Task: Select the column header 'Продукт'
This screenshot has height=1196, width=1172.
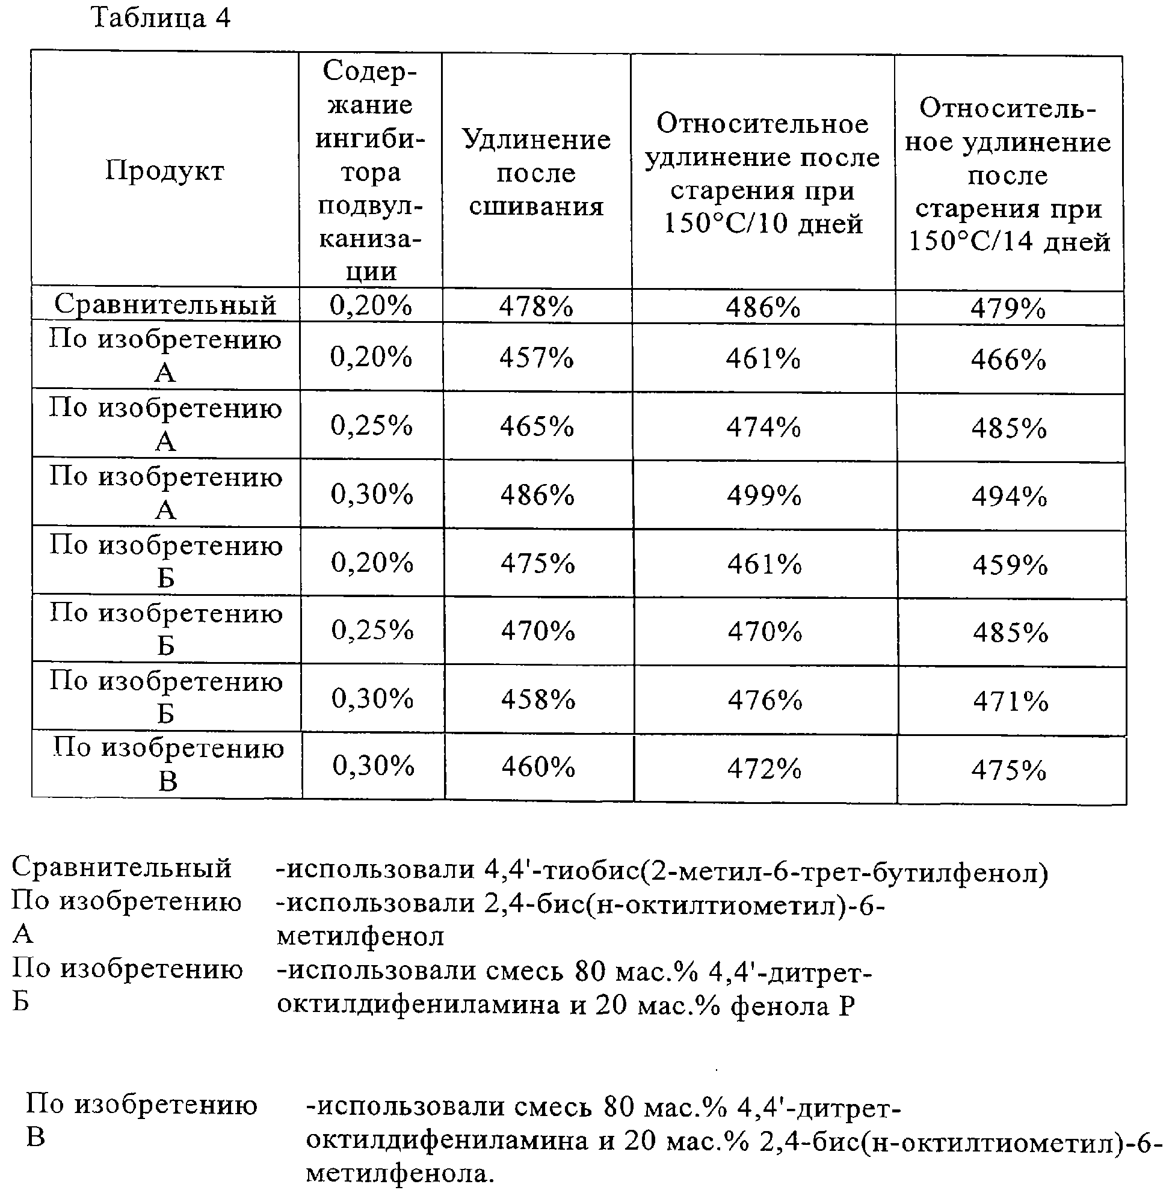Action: (164, 170)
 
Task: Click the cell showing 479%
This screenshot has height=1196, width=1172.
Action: (1008, 308)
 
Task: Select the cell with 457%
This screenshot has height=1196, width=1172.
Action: (536, 357)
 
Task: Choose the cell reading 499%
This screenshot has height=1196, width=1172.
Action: (764, 495)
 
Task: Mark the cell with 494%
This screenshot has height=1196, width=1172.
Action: (1010, 497)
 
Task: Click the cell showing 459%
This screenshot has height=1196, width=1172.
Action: (1010, 565)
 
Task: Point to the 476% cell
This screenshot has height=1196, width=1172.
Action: (765, 700)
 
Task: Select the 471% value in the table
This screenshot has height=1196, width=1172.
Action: (1011, 701)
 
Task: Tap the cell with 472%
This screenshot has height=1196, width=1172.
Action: (765, 768)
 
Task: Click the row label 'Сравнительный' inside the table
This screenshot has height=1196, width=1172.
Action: (165, 304)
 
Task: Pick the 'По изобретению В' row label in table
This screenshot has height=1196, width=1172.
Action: (167, 765)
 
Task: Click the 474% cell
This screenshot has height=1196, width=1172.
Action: (763, 426)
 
